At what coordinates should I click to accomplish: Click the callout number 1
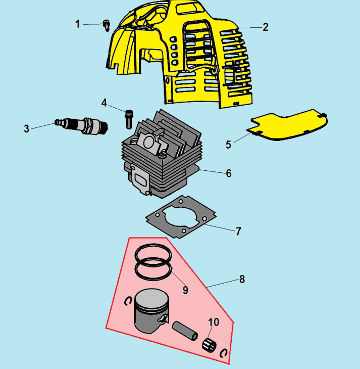click(x=77, y=24)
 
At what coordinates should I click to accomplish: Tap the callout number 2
click(x=265, y=27)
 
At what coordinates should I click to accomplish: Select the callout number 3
click(x=26, y=129)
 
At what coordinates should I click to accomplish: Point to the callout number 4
click(x=104, y=103)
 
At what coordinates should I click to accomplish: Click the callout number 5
click(x=228, y=145)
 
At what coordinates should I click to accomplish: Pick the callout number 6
click(x=229, y=173)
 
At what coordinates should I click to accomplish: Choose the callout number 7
click(x=238, y=232)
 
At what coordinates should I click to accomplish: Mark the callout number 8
click(x=242, y=280)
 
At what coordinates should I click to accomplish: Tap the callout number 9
click(x=185, y=290)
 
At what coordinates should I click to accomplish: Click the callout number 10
click(x=214, y=322)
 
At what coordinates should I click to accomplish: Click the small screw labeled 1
click(x=107, y=25)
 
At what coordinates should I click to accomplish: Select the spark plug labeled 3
click(x=81, y=126)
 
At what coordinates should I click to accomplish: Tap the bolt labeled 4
click(x=129, y=119)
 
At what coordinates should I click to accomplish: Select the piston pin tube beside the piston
click(x=185, y=331)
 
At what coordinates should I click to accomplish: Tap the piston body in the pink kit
click(x=151, y=311)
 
